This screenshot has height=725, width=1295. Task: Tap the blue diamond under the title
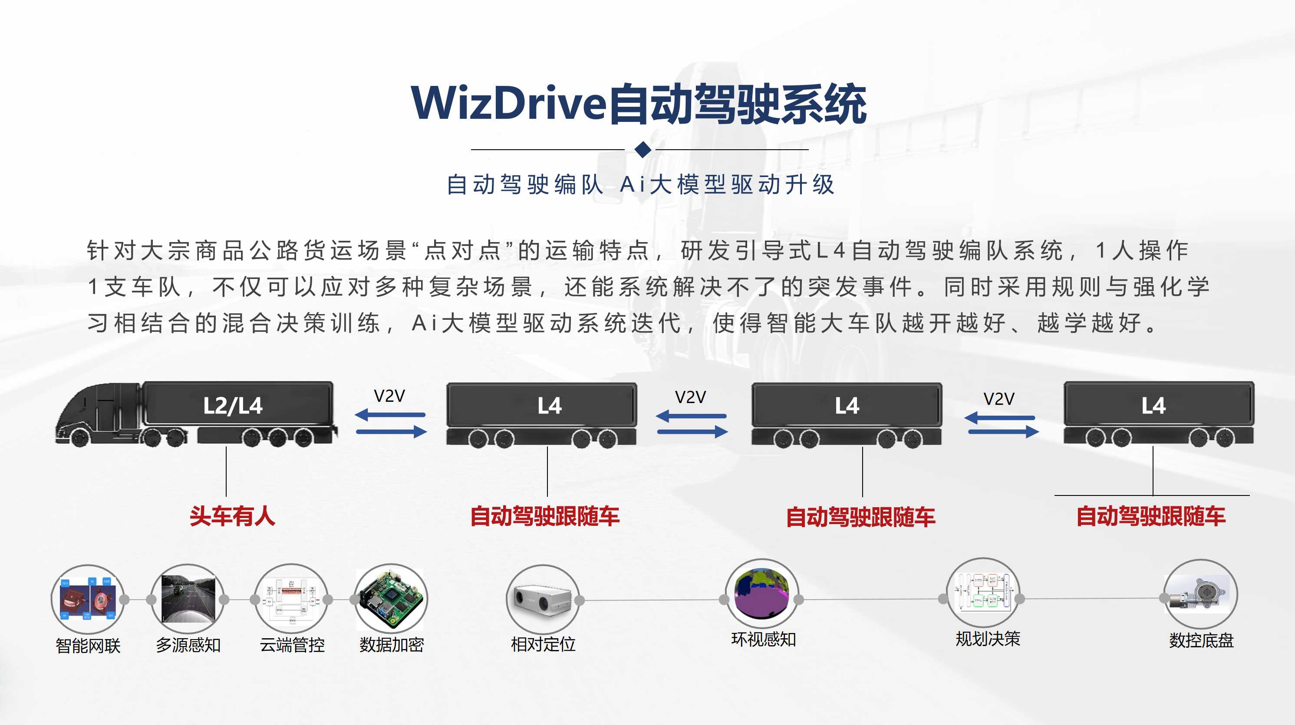[x=643, y=149]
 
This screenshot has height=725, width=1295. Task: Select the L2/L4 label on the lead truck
[x=233, y=406]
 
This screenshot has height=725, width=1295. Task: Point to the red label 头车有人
[x=232, y=516]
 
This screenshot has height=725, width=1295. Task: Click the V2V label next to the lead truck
[x=389, y=396]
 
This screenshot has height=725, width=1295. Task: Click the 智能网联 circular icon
[x=87, y=599]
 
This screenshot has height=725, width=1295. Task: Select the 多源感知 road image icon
[x=188, y=598]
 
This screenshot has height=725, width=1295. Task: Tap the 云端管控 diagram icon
[x=291, y=598]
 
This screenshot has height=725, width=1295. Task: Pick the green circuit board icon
[x=391, y=599]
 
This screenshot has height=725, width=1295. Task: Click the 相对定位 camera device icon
[x=542, y=599]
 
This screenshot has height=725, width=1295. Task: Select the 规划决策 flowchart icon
[x=983, y=593]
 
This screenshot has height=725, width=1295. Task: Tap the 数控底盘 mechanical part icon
[x=1200, y=594]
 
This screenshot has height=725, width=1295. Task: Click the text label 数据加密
[x=392, y=645]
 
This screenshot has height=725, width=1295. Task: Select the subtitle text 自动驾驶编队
[x=525, y=184]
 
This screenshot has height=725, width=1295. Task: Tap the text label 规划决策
[x=988, y=639]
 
